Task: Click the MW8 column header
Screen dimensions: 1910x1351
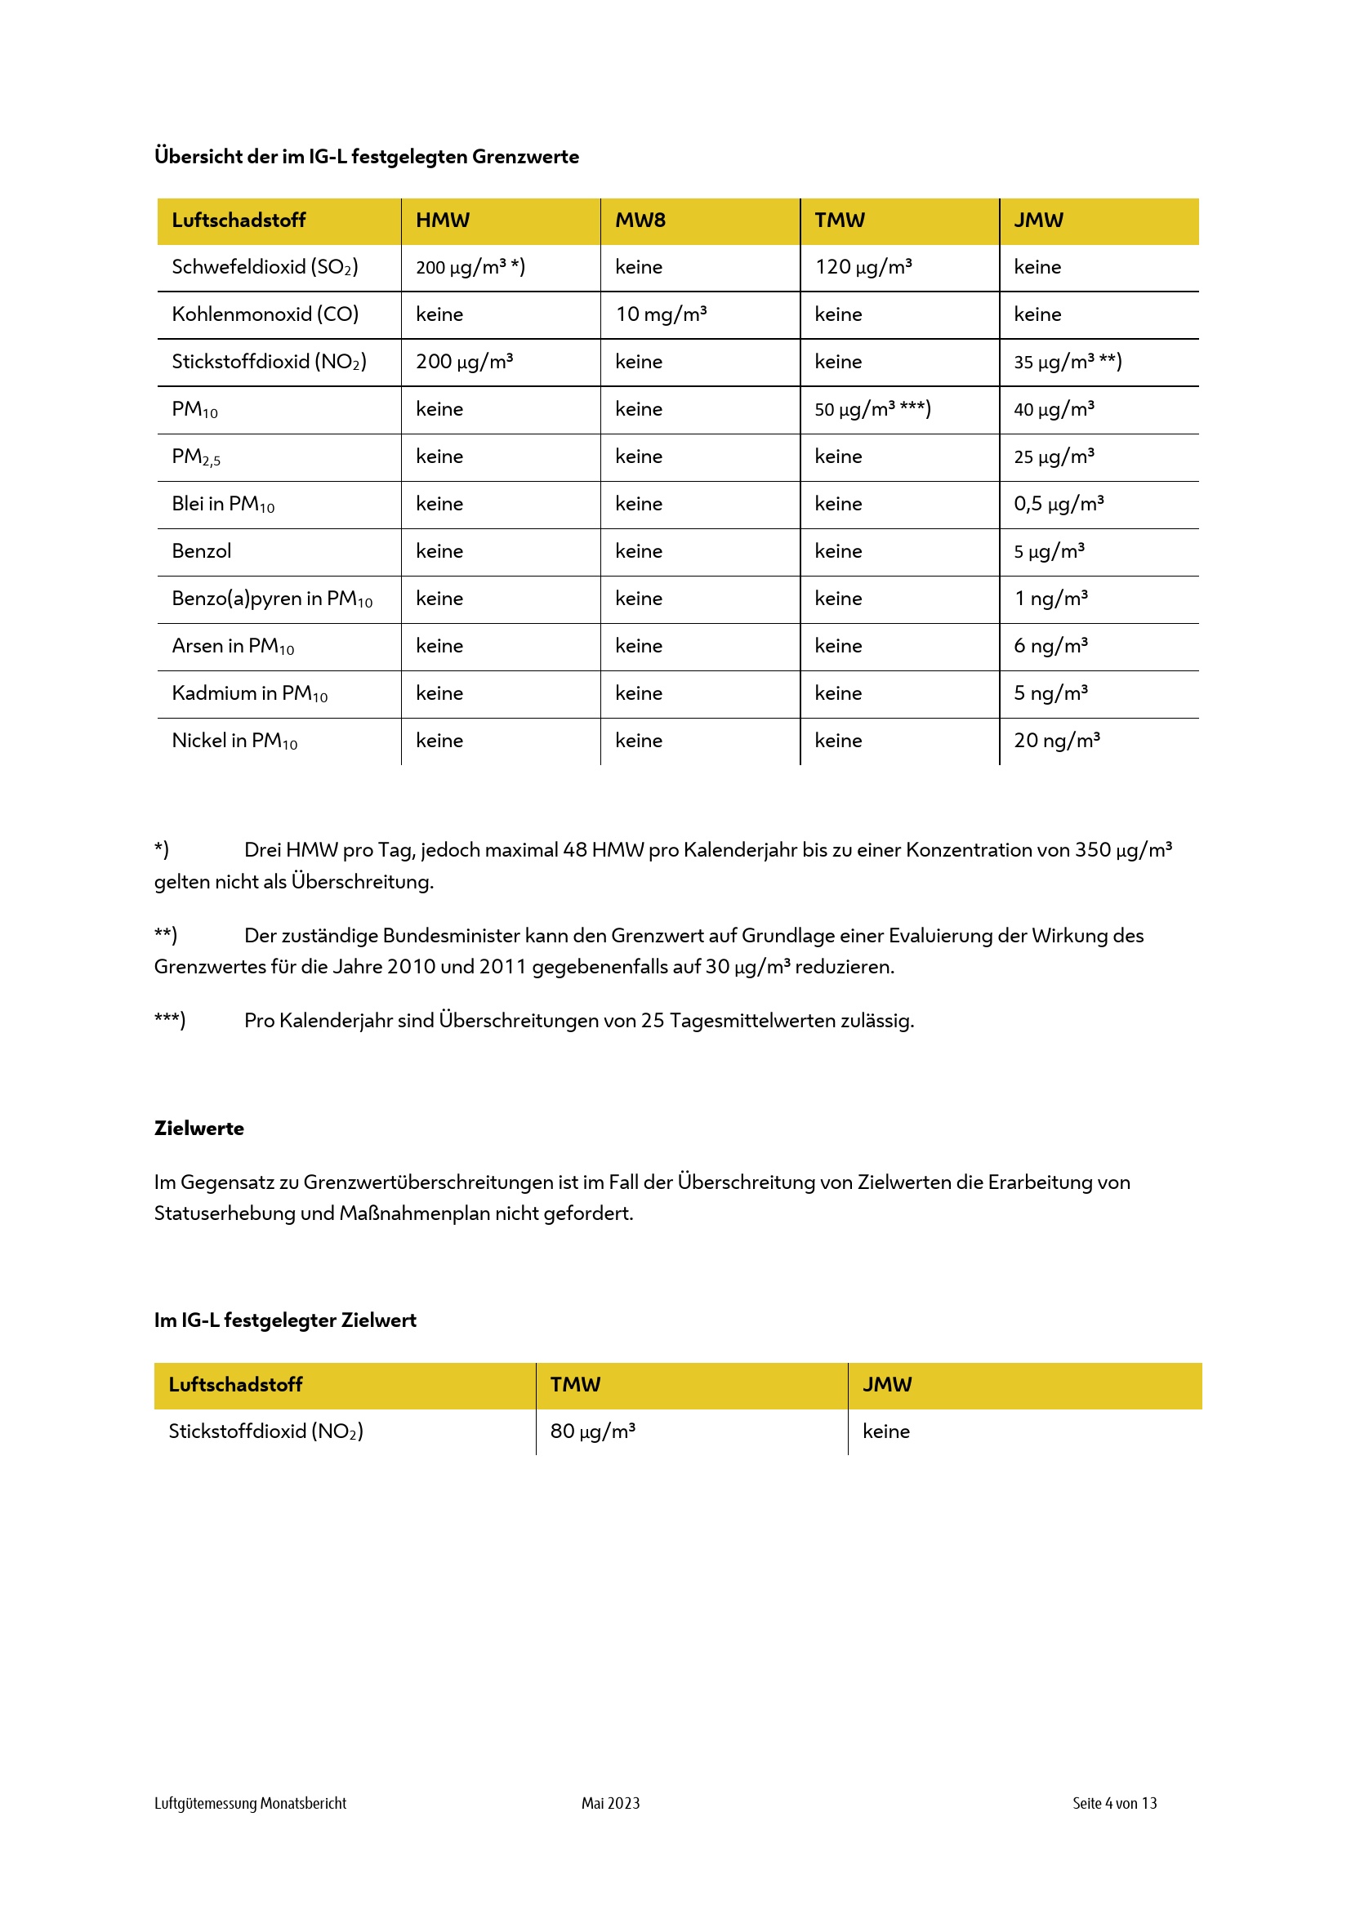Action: coord(640,220)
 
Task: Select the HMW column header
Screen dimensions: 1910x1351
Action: coord(443,220)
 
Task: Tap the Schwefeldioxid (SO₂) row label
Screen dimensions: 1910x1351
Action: coord(265,267)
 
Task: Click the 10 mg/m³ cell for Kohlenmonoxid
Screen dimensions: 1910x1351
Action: coord(661,314)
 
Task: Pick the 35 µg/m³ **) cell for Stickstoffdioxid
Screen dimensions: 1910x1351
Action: coord(1068,362)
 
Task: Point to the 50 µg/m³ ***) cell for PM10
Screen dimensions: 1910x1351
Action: coord(872,409)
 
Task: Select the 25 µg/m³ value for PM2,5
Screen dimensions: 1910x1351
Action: coord(1053,456)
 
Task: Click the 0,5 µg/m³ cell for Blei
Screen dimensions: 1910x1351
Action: coord(1058,504)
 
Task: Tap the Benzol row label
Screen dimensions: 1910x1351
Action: coord(201,551)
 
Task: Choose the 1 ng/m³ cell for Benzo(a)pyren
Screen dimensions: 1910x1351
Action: coord(1050,599)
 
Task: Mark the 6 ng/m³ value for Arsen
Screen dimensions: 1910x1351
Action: coord(1050,647)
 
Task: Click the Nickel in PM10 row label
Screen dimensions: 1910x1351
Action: coord(234,741)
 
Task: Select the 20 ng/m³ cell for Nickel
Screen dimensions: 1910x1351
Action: coord(1056,741)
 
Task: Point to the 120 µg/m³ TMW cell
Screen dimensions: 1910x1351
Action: coord(863,267)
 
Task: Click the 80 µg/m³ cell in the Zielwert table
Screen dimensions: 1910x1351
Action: coord(592,1431)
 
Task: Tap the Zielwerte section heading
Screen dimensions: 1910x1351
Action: coord(198,1129)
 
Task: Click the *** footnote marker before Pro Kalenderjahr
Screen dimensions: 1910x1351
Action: coord(170,1021)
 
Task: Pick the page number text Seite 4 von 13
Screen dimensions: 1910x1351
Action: coord(1114,1804)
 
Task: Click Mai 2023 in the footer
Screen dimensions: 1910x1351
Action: coord(611,1804)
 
